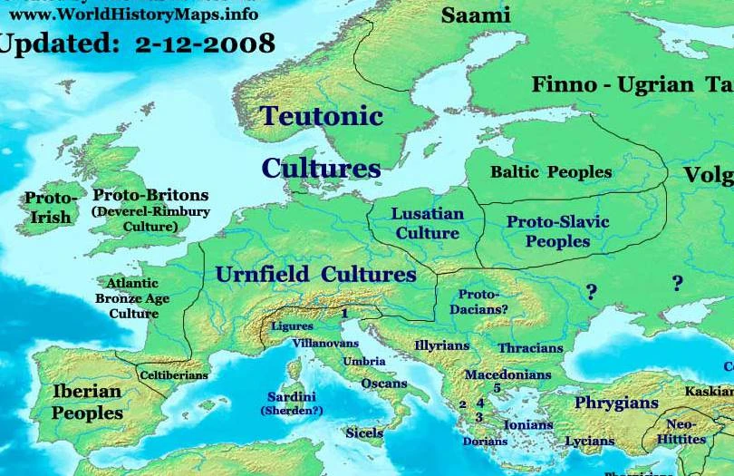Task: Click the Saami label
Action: pos(476,15)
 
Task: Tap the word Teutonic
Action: pos(322,116)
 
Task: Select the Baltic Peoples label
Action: pos(551,171)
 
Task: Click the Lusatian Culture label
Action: pos(428,224)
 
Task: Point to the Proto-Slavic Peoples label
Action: pos(557,231)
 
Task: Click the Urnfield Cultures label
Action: pos(315,275)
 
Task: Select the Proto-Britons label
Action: pos(150,195)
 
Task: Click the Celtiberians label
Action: pos(174,374)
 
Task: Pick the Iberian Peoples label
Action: pos(87,402)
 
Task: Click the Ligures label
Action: pos(292,326)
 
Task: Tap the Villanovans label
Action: pos(327,344)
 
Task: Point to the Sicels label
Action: pos(364,433)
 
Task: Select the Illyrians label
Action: pos(442,345)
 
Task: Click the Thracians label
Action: pos(530,348)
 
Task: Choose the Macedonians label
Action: pos(507,374)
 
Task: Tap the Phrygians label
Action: pos(616,403)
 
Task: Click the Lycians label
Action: pos(589,442)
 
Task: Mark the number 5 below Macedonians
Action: pos(497,388)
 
